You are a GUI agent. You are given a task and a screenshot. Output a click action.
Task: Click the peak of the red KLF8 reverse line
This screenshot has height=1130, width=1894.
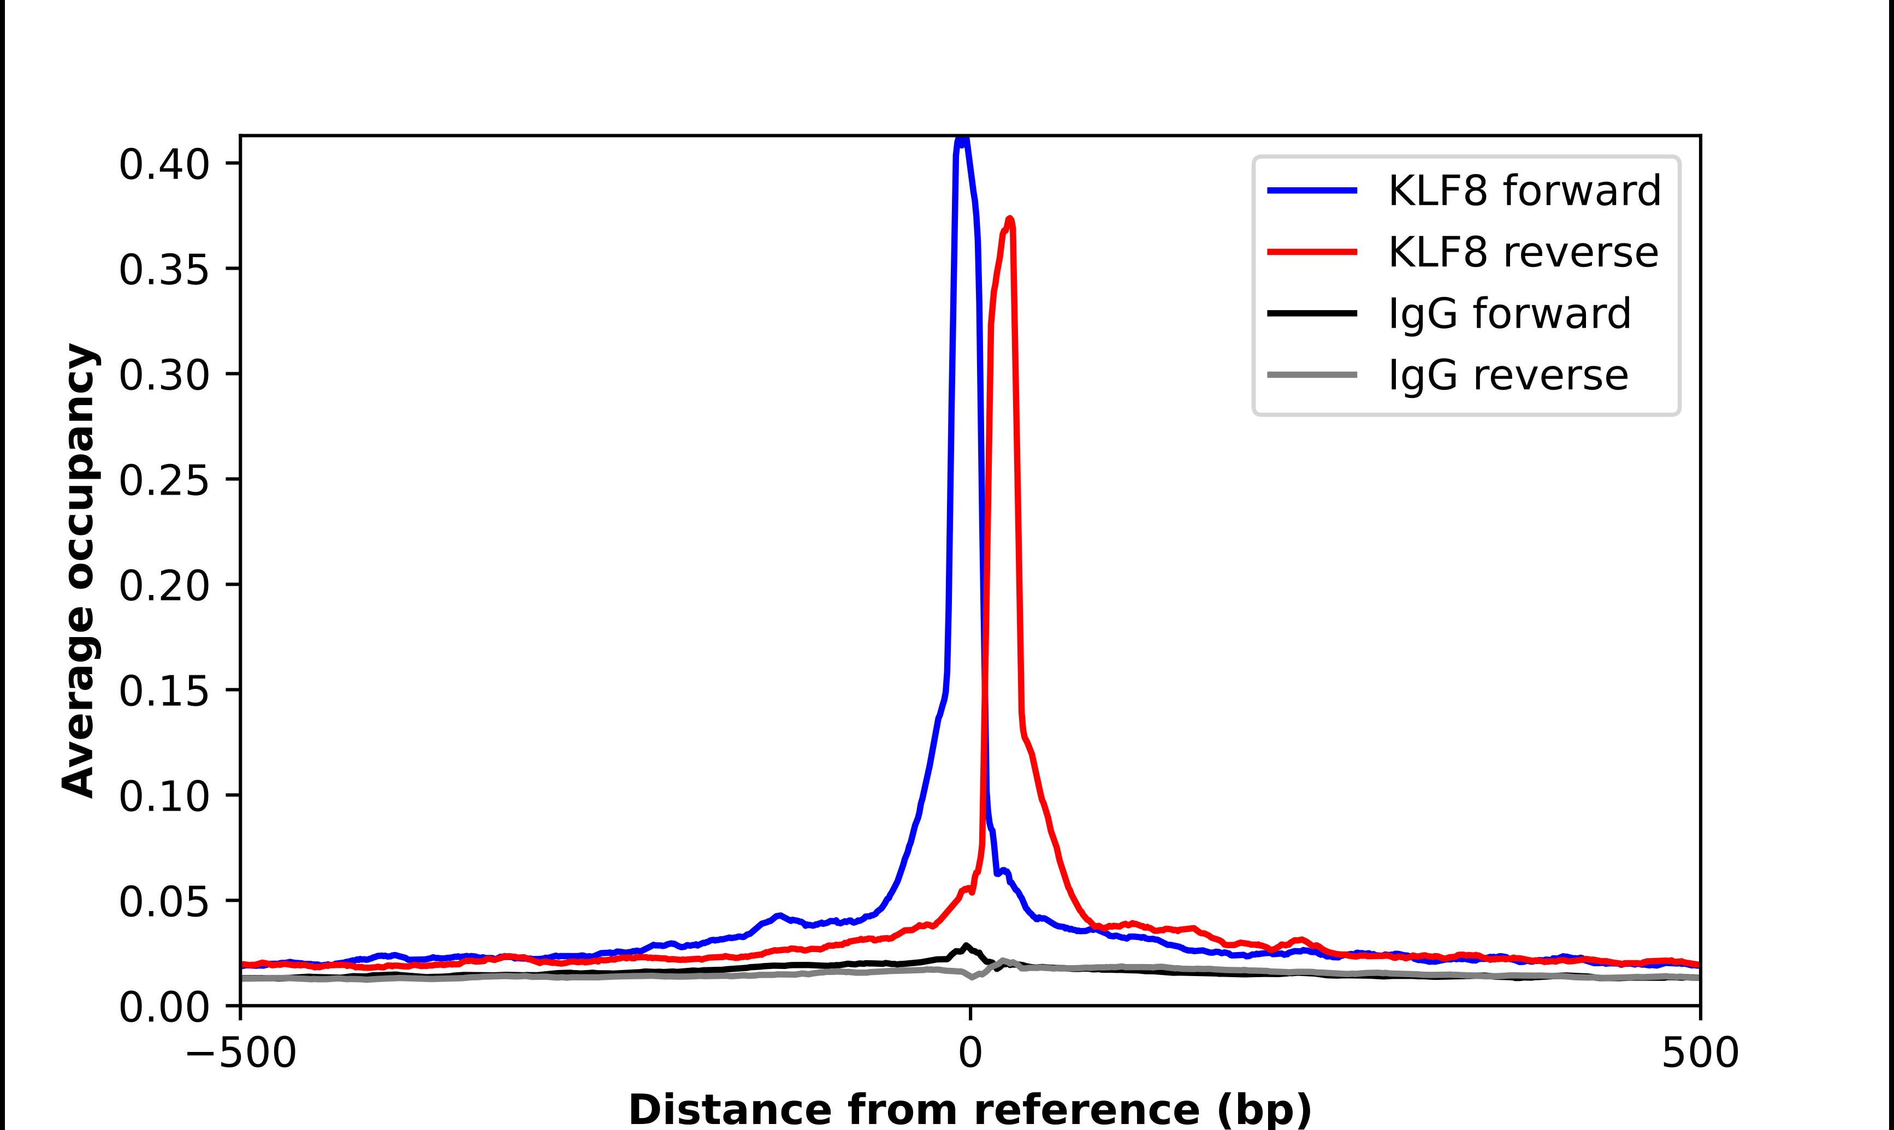click(1010, 220)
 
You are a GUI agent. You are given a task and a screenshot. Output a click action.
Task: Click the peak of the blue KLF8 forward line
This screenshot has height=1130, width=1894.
click(963, 139)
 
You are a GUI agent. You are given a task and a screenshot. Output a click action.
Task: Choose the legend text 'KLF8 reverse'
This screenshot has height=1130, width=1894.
click(1523, 252)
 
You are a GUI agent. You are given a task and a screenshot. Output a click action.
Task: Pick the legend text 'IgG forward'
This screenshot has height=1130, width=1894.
click(1510, 314)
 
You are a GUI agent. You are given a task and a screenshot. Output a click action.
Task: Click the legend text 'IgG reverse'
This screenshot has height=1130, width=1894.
click(1508, 376)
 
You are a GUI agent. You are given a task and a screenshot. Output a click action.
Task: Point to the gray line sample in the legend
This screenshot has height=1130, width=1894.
click(1312, 374)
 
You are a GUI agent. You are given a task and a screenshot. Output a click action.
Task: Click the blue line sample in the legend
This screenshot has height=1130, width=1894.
click(1312, 191)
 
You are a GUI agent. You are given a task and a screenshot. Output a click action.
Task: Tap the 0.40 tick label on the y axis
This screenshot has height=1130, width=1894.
click(164, 164)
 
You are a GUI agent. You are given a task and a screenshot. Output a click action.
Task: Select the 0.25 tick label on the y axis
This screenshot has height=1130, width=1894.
click(164, 480)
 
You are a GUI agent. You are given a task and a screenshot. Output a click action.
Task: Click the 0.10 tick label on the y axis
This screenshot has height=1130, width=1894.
click(164, 796)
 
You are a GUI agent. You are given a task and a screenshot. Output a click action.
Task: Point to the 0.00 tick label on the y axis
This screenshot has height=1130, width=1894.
click(164, 1007)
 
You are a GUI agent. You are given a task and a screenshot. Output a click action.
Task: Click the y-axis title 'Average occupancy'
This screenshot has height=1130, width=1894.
click(79, 570)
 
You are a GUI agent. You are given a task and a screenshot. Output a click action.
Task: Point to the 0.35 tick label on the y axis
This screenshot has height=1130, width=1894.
click(164, 270)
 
